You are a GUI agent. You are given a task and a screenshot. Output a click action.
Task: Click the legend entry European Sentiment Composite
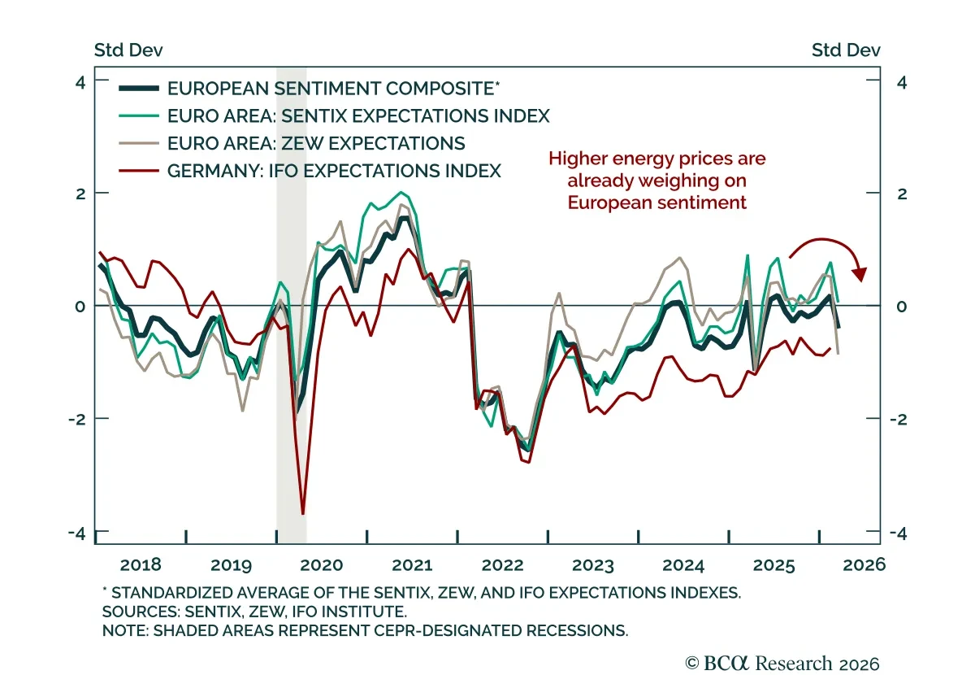coord(330,89)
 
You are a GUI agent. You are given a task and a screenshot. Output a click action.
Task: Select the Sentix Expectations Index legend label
coord(358,115)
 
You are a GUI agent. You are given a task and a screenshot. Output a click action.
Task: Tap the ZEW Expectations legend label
coord(316,143)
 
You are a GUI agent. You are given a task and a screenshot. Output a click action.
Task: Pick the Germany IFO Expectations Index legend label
coord(334,171)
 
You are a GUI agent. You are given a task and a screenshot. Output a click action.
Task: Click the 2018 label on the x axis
coord(141,564)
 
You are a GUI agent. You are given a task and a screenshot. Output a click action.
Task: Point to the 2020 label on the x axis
coord(323,564)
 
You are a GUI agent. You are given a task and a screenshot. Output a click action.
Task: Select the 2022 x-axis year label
coord(502,564)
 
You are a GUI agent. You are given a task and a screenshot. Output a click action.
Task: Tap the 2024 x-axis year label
coord(683,564)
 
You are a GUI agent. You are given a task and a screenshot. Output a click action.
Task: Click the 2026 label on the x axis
coord(863,564)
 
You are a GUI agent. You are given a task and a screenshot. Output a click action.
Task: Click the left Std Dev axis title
coord(128,50)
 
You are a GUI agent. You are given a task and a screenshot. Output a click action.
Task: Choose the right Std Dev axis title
coord(846,50)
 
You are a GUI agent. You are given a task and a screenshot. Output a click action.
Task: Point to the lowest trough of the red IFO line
coord(303,512)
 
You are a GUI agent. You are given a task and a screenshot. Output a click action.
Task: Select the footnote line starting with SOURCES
coord(254,611)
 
